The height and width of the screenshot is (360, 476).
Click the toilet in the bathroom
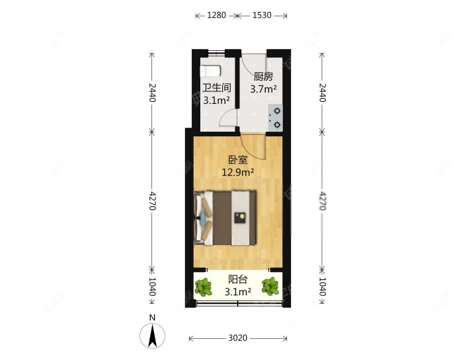[210, 70]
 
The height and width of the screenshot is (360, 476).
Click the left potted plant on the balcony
[204, 287]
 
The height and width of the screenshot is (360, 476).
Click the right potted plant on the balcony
[270, 287]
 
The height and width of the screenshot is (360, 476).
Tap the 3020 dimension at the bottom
[238, 338]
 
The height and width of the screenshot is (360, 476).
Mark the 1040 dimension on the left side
[152, 287]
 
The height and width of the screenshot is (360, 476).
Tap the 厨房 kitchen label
[263, 76]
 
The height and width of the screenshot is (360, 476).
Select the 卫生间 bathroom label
[216, 87]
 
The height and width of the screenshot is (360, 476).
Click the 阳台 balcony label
[238, 279]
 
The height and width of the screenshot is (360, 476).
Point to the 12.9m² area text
[238, 172]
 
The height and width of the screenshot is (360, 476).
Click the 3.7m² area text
[263, 88]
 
